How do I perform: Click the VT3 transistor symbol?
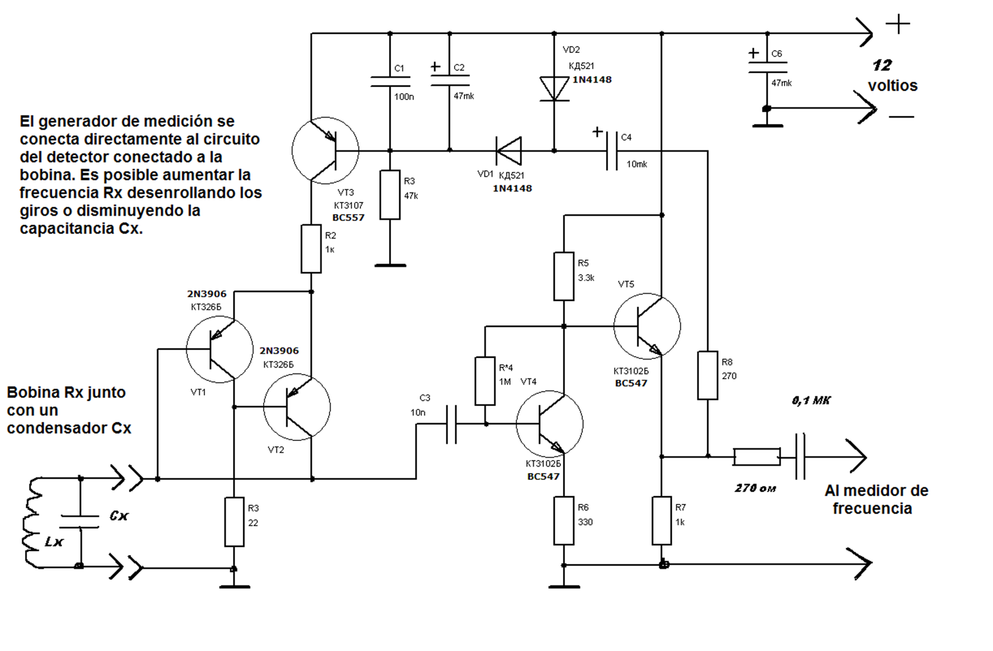pyautogui.click(x=325, y=151)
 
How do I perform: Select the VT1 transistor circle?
pyautogui.click(x=220, y=349)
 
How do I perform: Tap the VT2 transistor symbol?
pyautogui.click(x=297, y=407)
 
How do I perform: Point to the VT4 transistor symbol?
pyautogui.click(x=549, y=424)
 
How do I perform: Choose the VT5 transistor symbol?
pyautogui.click(x=647, y=326)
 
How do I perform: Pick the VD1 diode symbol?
pyautogui.click(x=509, y=151)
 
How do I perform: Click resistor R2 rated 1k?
pyautogui.click(x=311, y=249)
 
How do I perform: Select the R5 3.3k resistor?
pyautogui.click(x=563, y=276)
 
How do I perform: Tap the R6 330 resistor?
pyautogui.click(x=563, y=521)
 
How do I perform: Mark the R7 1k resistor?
pyautogui.click(x=662, y=521)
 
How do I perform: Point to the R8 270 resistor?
pyautogui.click(x=708, y=375)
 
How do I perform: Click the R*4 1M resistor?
pyautogui.click(x=485, y=381)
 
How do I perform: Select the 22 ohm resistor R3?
pyautogui.click(x=235, y=522)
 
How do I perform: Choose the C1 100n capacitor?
pyautogui.click(x=390, y=81)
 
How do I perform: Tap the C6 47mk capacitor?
pyautogui.click(x=767, y=68)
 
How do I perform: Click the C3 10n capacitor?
pyautogui.click(x=451, y=425)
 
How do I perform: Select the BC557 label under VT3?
pyautogui.click(x=348, y=218)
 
